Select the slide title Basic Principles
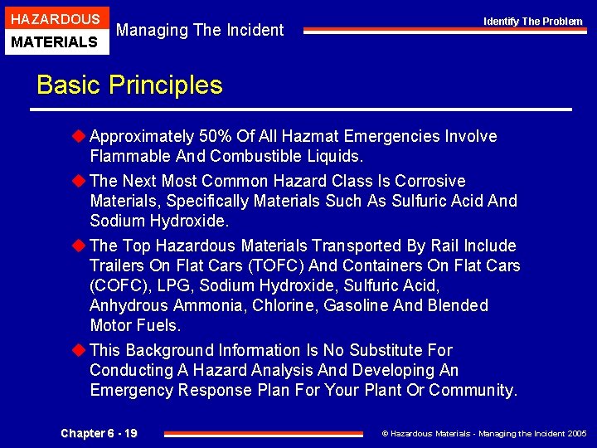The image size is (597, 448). click(x=129, y=85)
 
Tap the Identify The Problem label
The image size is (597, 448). click(x=533, y=21)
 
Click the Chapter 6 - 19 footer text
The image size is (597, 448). click(x=99, y=433)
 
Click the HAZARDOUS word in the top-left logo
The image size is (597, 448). click(x=55, y=19)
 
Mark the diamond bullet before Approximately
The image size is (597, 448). click(x=80, y=136)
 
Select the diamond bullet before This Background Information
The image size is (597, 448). click(x=80, y=350)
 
